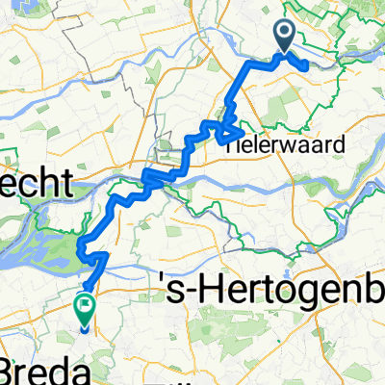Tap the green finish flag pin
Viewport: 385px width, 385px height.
(x=84, y=308)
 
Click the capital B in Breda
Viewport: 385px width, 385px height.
(x=10, y=371)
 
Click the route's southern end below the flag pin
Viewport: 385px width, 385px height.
(x=84, y=328)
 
